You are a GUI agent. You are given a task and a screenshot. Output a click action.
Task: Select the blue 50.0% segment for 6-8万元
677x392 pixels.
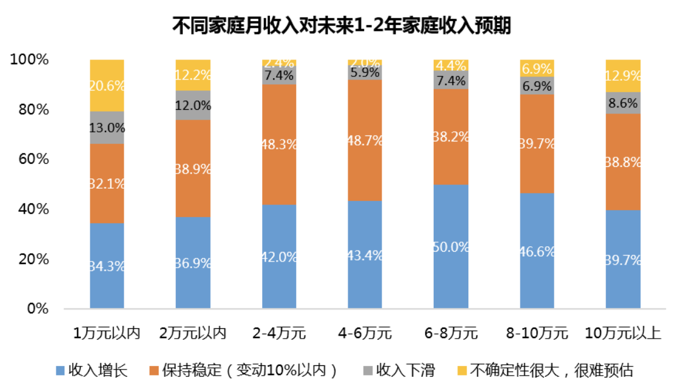pos(451,246)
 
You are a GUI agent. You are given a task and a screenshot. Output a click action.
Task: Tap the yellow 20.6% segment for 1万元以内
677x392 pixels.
pos(107,86)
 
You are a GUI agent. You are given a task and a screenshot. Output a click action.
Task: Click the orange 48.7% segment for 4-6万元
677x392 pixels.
pos(365,140)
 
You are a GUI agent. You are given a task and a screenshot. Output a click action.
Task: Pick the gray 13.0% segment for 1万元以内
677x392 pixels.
pos(107,127)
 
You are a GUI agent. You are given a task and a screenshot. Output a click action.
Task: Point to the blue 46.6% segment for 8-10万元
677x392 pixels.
pos(537,250)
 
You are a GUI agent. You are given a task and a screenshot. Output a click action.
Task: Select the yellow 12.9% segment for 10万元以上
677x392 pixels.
pos(624,76)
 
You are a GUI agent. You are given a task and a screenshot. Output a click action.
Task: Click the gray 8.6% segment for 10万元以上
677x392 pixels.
pos(624,103)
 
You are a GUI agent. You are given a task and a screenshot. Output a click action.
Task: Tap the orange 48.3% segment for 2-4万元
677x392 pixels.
pos(279,144)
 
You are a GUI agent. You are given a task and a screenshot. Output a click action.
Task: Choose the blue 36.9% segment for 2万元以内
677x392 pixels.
pos(193,262)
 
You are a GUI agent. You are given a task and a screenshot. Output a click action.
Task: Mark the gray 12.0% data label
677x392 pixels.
pos(193,105)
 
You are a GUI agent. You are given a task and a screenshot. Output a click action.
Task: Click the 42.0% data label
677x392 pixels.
pos(279,257)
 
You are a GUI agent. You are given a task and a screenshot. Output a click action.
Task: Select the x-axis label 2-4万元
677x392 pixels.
pos(279,333)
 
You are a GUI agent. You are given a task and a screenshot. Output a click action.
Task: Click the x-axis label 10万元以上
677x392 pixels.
pos(623,333)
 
